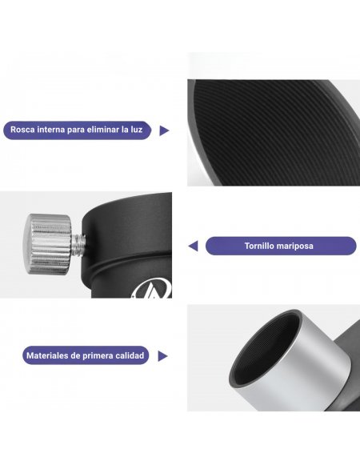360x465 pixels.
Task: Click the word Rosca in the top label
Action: coord(22,130)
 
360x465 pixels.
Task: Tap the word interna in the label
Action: coord(50,130)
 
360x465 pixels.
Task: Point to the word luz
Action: coord(136,130)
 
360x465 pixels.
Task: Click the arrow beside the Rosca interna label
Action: coord(164,130)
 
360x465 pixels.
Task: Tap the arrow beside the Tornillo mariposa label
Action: coord(194,246)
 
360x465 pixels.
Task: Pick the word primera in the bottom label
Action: coord(98,356)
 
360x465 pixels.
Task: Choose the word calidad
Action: coord(130,355)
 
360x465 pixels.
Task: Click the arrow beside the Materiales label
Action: coord(162,356)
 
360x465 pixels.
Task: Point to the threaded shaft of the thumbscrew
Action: coord(78,245)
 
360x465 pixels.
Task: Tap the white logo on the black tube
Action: coord(153,290)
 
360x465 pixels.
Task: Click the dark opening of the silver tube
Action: coord(265,350)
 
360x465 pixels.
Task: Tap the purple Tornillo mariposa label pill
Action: coord(281,246)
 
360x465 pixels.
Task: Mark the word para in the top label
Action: coord(75,130)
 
